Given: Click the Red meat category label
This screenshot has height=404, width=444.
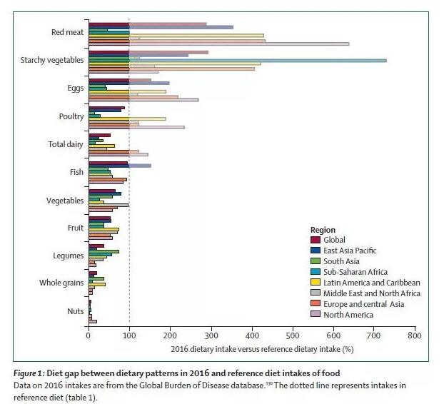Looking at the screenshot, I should click(66, 32).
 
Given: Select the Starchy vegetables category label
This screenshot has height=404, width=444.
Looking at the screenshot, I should click(54, 60).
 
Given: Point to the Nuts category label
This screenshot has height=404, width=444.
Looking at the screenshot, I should click(75, 310).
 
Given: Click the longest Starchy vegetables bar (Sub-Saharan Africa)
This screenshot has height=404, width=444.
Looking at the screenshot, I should click(286, 61).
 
